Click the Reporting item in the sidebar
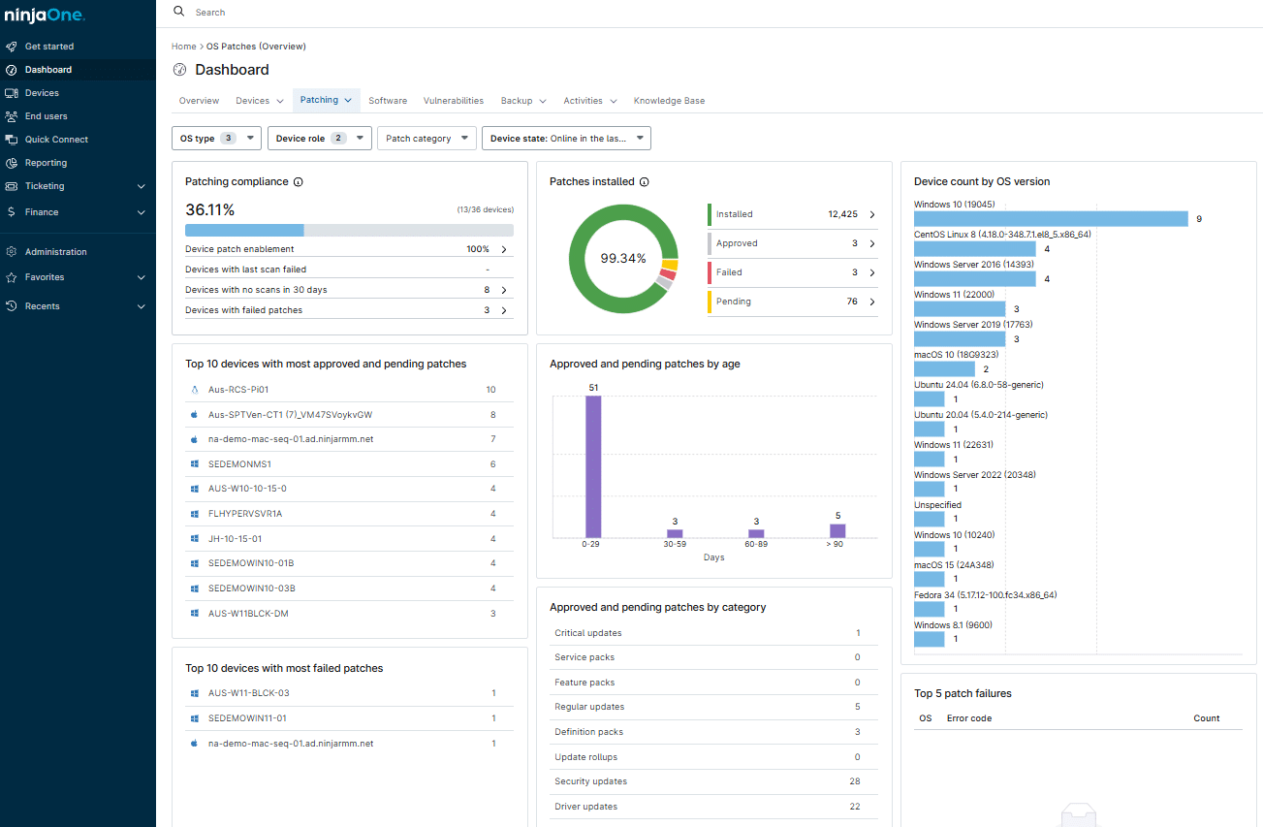[46, 163]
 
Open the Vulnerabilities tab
[453, 101]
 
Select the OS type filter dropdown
[216, 139]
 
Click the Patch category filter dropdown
[426, 139]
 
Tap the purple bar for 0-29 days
[593, 465]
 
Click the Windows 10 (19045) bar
[1051, 219]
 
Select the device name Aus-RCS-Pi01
[237, 390]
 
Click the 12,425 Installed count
[841, 214]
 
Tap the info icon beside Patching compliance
[299, 182]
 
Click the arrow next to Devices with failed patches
[503, 310]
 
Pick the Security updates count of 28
[854, 781]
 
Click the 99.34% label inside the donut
[623, 258]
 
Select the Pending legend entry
[734, 302]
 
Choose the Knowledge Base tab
[669, 101]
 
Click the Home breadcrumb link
[183, 47]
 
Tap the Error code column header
[968, 718]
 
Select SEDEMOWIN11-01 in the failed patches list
[247, 718]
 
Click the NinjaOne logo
[45, 16]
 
